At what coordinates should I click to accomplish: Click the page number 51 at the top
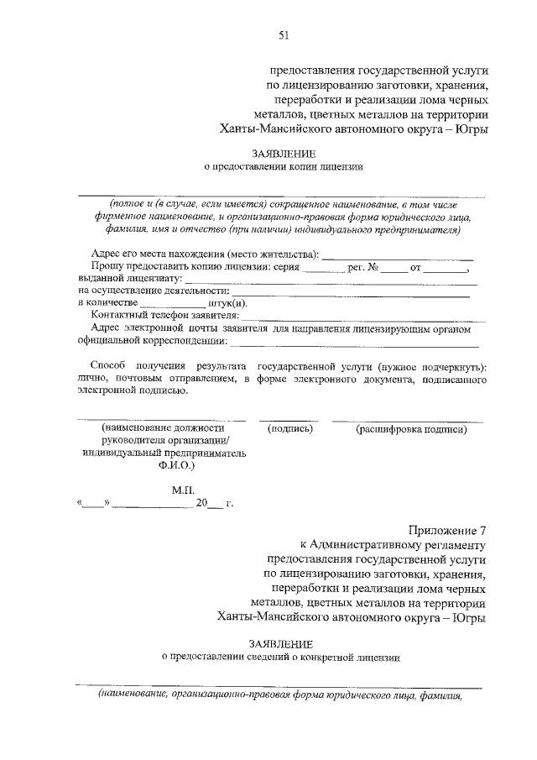(x=284, y=34)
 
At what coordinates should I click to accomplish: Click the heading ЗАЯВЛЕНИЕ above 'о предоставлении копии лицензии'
(x=284, y=154)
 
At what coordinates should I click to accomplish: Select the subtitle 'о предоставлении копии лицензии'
(x=284, y=167)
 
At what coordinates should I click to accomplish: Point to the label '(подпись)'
(x=289, y=429)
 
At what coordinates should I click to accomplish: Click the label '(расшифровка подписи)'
(x=411, y=429)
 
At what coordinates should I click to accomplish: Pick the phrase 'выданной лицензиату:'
(x=129, y=279)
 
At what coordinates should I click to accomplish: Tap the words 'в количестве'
(x=107, y=303)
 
